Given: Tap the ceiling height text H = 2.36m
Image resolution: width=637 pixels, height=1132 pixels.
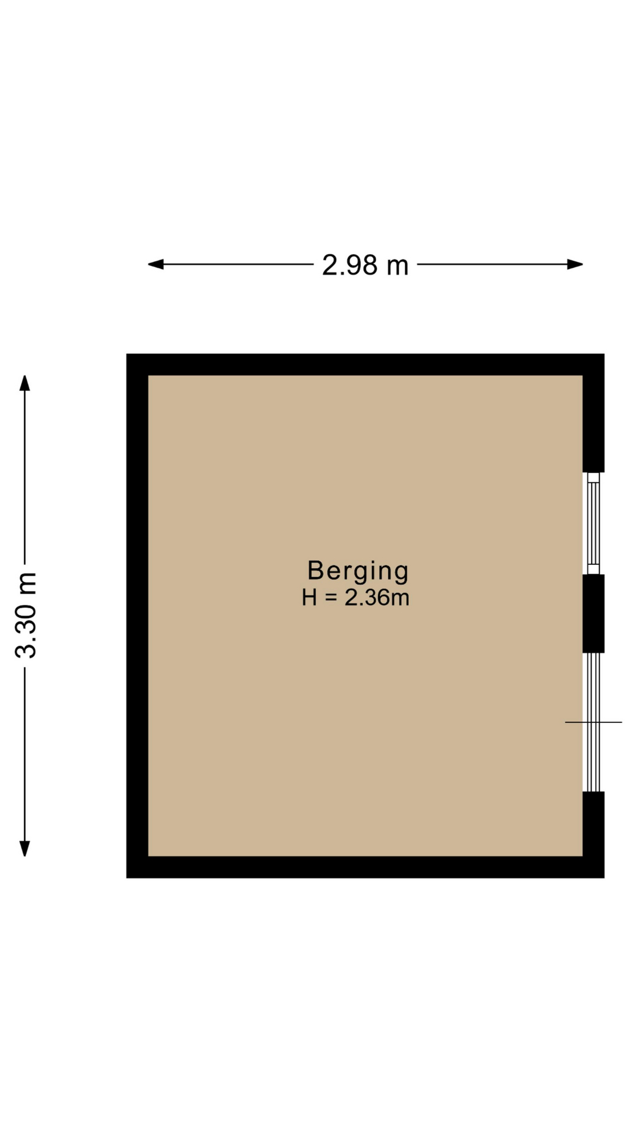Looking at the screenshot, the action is pos(356,598).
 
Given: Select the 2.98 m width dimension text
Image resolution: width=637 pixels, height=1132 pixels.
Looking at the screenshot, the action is pos(365,265).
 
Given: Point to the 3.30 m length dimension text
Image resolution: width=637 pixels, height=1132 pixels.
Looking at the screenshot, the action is pos(26,615).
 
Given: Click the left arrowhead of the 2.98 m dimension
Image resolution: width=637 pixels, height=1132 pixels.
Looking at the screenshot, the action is pos(156,264).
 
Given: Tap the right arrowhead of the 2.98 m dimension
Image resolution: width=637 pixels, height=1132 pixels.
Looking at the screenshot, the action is pos(575,264).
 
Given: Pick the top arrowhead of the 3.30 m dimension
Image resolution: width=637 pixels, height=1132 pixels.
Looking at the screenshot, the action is pos(25,383).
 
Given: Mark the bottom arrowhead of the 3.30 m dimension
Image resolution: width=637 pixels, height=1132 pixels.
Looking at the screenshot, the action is pos(25,848).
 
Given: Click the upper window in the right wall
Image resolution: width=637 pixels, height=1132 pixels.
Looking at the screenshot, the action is pos(593,524).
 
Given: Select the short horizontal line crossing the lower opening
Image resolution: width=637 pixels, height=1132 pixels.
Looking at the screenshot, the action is pos(593,722).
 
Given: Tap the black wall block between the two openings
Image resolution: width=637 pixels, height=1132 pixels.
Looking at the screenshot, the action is pos(593,614).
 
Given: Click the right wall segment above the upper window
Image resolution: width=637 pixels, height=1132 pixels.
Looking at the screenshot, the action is pos(593,423).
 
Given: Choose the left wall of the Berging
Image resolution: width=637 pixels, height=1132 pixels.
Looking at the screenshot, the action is pos(137,616).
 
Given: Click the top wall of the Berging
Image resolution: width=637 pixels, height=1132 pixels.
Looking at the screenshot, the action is pos(365,364).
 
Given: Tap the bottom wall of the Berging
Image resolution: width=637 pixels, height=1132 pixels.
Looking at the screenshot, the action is pos(365,867).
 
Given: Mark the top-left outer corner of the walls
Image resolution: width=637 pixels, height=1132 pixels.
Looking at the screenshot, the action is pos(126,354).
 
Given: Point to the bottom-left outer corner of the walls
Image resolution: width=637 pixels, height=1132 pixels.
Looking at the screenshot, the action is pos(126,878).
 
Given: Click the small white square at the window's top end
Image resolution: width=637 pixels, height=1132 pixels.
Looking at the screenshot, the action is pos(593,478).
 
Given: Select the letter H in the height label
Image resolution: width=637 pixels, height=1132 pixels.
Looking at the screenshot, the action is pos(310,598).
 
